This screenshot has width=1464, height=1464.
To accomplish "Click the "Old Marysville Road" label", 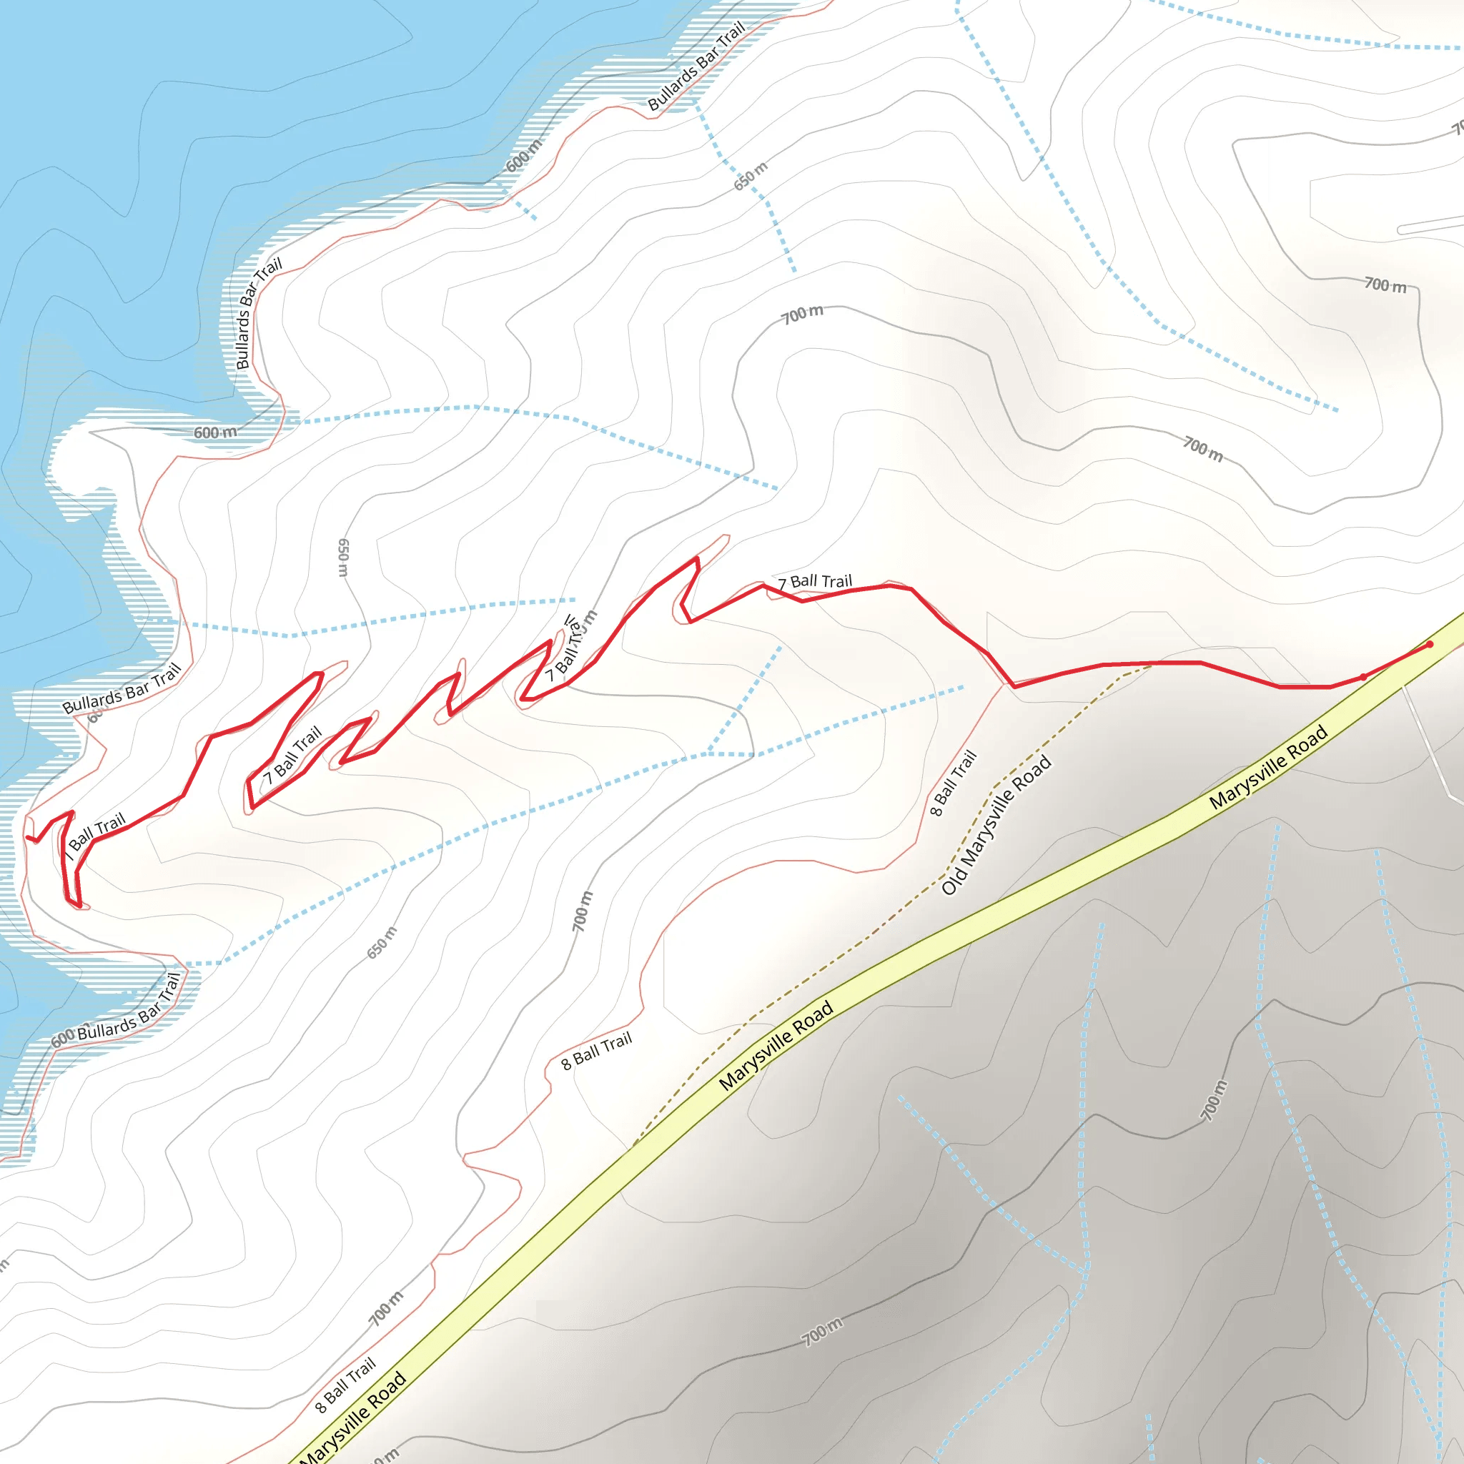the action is [996, 825].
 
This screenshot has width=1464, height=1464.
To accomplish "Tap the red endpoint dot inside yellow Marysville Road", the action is [1430, 645].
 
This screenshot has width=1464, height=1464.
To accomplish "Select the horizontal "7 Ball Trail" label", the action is [816, 582].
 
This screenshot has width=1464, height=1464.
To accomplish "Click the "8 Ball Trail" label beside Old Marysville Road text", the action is [954, 783].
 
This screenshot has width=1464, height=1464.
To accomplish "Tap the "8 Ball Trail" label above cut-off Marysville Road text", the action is [345, 1385].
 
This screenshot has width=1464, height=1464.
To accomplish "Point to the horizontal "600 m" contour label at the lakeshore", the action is [215, 432].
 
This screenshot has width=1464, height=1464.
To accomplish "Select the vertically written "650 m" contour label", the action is [343, 558].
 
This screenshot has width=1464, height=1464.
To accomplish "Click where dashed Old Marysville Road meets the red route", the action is [1151, 665].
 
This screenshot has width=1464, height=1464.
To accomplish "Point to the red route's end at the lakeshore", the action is [28, 838].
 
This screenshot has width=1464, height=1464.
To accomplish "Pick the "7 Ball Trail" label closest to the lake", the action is [94, 835].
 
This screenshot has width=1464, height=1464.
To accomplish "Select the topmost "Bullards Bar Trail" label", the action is [696, 66].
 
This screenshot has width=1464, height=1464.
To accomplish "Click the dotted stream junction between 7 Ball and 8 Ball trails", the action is [708, 753].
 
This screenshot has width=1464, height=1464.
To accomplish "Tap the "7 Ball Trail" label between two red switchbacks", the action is [292, 756].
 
